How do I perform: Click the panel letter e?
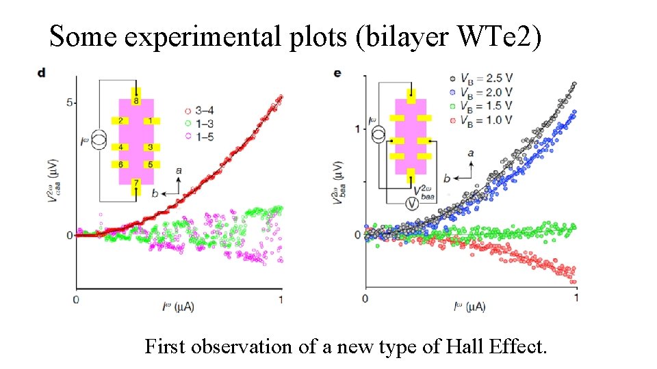pos(337,73)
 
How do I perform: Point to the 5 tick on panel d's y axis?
pos(68,102)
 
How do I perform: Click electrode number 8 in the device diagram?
pos(136,101)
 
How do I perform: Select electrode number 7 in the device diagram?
pos(136,182)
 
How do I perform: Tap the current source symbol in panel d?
pos(100,140)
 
